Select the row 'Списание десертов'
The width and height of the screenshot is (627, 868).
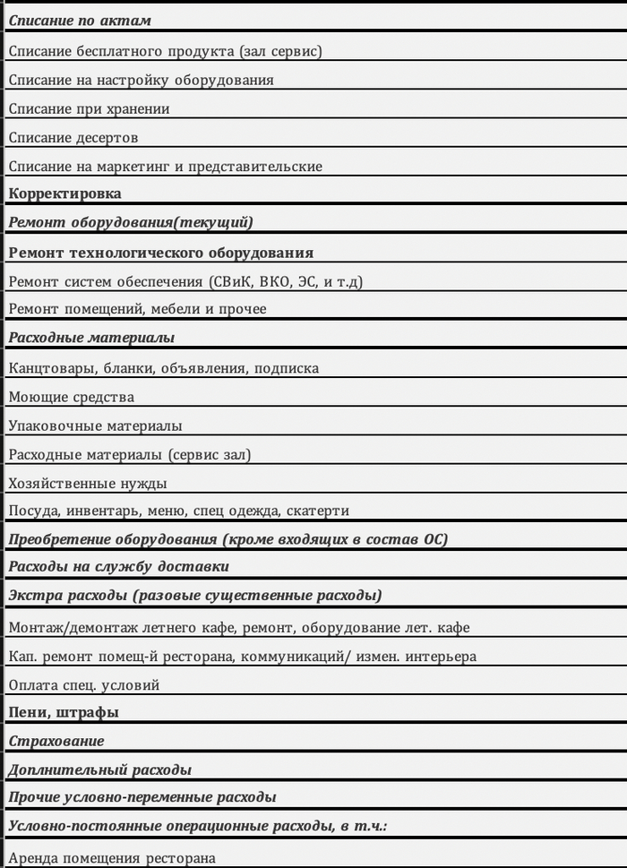pyautogui.click(x=73, y=138)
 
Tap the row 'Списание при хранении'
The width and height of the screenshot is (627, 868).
pyautogui.click(x=89, y=109)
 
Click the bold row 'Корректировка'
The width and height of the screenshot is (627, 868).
pyautogui.click(x=64, y=193)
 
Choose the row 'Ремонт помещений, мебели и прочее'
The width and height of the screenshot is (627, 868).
pyautogui.click(x=137, y=310)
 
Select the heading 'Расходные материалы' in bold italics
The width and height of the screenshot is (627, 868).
pyautogui.click(x=91, y=338)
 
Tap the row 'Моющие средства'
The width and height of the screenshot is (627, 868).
pyautogui.click(x=72, y=397)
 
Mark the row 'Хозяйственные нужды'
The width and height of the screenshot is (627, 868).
pyautogui.click(x=88, y=484)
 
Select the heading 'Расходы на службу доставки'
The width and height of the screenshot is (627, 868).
pyautogui.click(x=118, y=567)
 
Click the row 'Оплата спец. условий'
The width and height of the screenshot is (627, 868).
pyautogui.click(x=84, y=685)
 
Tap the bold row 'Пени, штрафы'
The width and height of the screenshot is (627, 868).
pyautogui.click(x=64, y=713)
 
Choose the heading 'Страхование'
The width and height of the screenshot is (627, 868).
pyautogui.click(x=56, y=742)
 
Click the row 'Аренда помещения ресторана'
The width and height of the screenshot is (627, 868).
pyautogui.click(x=112, y=858)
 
